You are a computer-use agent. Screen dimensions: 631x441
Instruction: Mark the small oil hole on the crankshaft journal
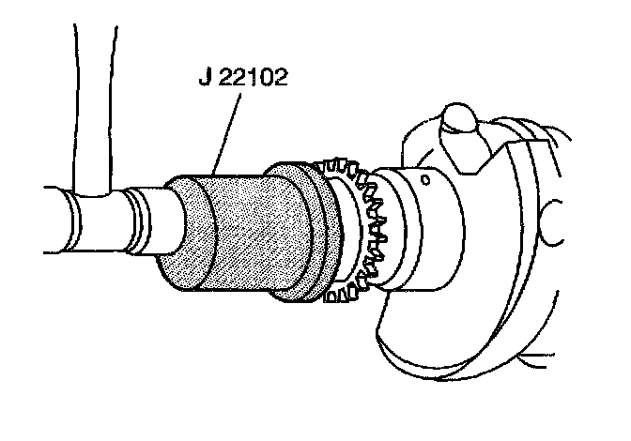[x=426, y=176]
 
